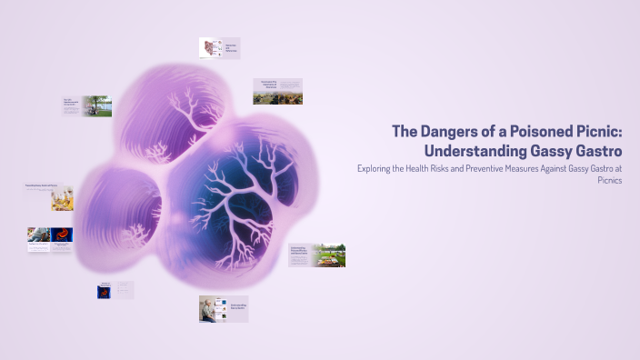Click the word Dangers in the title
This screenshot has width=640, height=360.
pyautogui.click(x=447, y=131)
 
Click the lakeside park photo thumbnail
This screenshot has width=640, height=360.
pyautogui.click(x=97, y=106)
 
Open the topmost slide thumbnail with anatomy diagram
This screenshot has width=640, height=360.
pyautogui.click(x=211, y=49)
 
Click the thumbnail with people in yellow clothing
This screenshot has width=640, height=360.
pyautogui.click(x=62, y=199)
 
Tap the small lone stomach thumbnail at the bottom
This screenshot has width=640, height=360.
pyautogui.click(x=105, y=292)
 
